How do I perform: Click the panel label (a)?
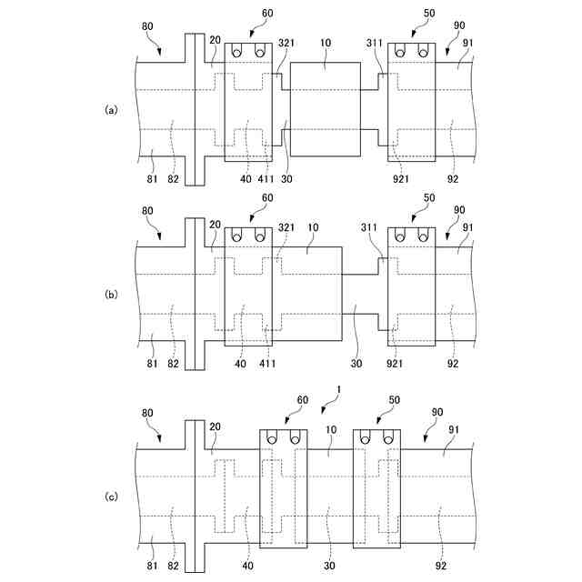[x=112, y=109]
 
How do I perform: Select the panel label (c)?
[x=112, y=496]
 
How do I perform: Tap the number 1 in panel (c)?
[x=338, y=388]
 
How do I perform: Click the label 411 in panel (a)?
[x=266, y=179]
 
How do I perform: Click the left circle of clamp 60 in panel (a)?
[x=236, y=53]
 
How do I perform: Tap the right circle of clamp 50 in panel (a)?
[x=423, y=53]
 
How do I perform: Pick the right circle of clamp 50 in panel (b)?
[x=423, y=237]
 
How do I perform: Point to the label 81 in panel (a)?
[x=152, y=179]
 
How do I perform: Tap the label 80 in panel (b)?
[x=148, y=212]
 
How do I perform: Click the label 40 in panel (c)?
[x=248, y=565]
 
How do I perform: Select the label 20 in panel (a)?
[x=214, y=39]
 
